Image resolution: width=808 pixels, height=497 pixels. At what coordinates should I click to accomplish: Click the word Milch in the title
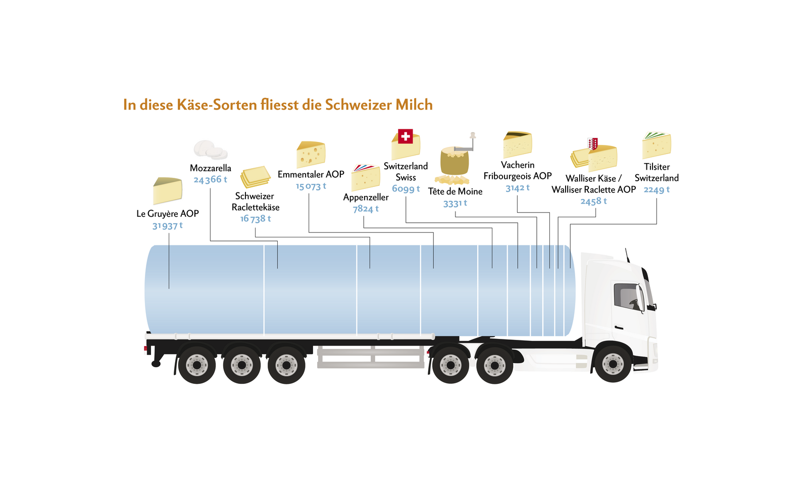[414, 105]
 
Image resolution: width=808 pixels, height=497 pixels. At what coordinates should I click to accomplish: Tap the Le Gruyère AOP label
[168, 214]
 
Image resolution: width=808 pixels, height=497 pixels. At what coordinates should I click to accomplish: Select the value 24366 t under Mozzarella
[210, 180]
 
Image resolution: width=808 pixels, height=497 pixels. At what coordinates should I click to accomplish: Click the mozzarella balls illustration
[210, 150]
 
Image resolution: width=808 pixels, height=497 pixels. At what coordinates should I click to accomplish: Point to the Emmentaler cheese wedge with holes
[311, 154]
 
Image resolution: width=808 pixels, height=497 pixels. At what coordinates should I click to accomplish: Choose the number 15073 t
[311, 186]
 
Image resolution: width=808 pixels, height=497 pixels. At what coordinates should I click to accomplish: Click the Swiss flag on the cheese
[405, 136]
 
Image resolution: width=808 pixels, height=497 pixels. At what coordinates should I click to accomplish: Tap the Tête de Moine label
[455, 191]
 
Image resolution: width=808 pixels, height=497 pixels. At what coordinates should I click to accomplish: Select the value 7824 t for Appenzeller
[366, 209]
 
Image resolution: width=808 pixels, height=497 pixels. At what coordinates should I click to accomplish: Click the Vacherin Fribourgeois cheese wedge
[517, 144]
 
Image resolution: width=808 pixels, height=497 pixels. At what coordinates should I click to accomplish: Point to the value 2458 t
[593, 201]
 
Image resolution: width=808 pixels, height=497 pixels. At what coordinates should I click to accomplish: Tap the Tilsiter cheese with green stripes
[656, 145]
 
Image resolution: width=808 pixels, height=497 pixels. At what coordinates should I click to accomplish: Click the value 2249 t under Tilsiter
[656, 190]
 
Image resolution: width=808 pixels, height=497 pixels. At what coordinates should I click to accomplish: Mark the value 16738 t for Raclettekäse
[256, 219]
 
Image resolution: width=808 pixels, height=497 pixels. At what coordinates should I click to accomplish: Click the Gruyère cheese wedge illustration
[167, 190]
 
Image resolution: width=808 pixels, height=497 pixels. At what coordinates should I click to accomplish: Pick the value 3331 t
[455, 204]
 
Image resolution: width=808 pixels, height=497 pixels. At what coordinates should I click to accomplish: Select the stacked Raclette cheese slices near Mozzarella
[255, 177]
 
